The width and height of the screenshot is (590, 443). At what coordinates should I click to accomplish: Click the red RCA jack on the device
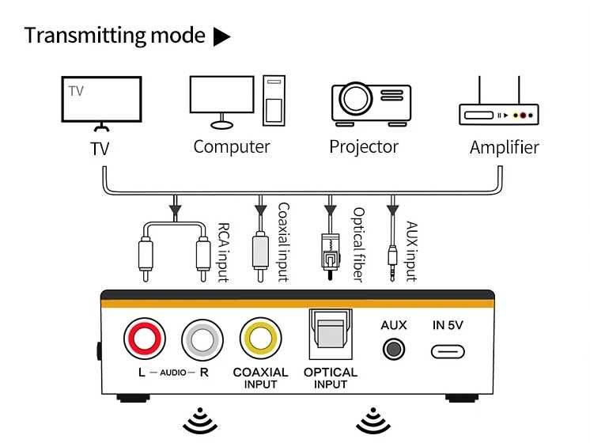pos(145,338)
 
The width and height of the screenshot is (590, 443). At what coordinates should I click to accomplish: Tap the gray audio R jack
pos(202,340)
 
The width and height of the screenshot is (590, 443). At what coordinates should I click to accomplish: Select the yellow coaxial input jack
pos(260,338)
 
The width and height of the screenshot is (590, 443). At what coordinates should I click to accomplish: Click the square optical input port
pos(331,334)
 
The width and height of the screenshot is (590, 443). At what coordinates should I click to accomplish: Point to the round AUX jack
pos(394,349)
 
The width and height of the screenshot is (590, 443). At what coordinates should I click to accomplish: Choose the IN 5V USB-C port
pos(448,352)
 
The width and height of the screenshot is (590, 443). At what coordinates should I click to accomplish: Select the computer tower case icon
pos(274,100)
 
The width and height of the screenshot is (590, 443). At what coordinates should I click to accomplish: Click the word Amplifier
pos(505,147)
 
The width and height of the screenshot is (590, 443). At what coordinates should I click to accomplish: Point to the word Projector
pos(364,147)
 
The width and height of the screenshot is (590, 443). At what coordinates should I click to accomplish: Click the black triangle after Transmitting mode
pos(222,36)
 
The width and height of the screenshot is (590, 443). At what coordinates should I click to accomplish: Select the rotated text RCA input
pos(224,252)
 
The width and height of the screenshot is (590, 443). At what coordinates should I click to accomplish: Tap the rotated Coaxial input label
pos(283,242)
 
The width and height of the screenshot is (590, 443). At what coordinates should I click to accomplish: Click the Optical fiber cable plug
pos(331,256)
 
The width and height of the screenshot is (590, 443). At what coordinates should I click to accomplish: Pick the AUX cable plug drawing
pos(392,263)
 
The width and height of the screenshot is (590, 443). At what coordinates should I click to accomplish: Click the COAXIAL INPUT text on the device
pos(260,378)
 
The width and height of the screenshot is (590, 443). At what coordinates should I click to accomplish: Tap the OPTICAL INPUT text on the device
pos(331,378)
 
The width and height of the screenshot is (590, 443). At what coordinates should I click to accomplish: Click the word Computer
pos(232,147)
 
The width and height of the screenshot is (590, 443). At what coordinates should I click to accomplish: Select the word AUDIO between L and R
pos(173,373)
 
